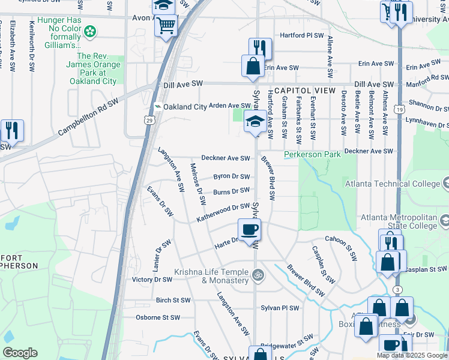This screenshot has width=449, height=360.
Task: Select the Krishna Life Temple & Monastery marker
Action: [x=258, y=276]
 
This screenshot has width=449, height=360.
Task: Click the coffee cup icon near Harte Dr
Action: [x=250, y=228]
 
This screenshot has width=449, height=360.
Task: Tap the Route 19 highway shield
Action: [x=399, y=109]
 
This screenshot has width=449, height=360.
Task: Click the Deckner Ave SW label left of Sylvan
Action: [x=225, y=158]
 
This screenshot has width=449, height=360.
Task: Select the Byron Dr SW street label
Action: [x=231, y=176]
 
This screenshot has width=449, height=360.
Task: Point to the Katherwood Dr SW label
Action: [x=223, y=212]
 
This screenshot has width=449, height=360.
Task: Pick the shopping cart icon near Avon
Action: [x=166, y=26]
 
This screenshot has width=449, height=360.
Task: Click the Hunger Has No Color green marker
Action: [x=91, y=31]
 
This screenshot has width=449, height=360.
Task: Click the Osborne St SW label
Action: [x=158, y=317]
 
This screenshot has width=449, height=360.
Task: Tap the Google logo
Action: [x=20, y=352]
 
